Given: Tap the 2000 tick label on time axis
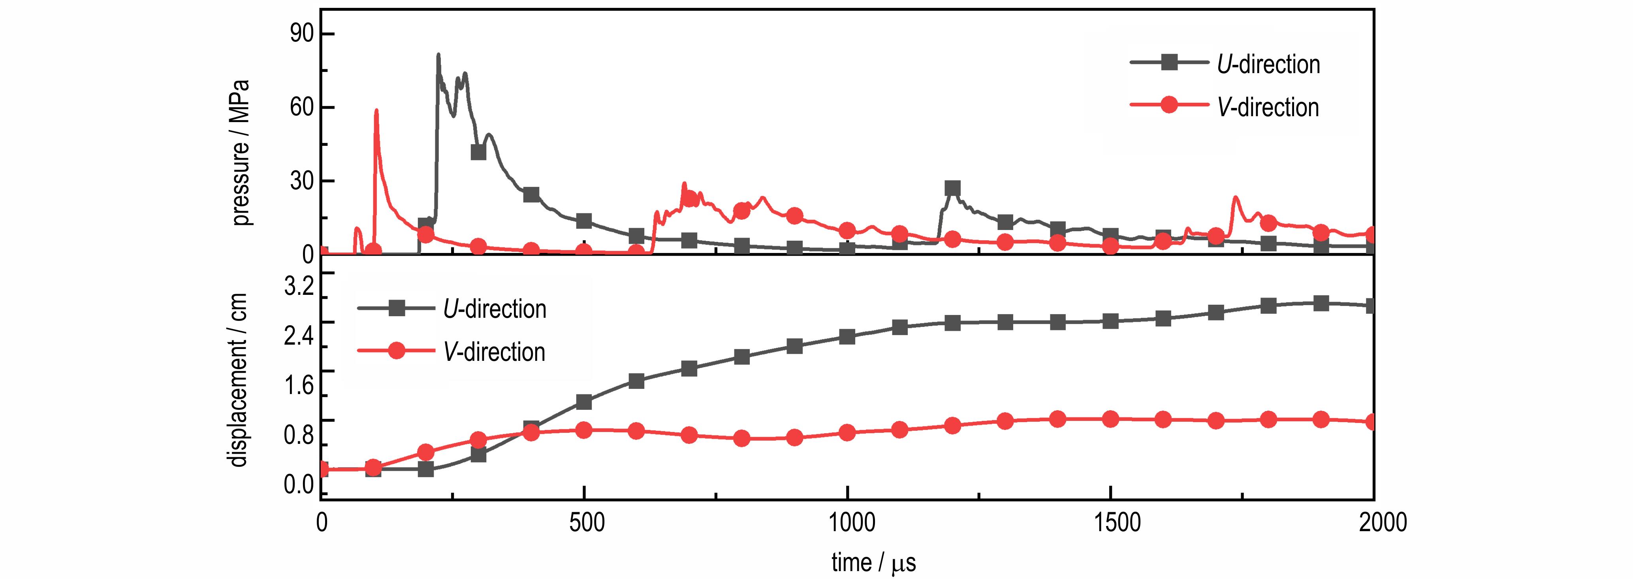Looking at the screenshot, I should [x=1373, y=522].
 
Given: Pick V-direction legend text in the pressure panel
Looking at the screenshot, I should [x=1268, y=107].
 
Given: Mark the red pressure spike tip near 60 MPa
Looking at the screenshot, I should [x=376, y=110].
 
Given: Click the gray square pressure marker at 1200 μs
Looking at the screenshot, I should [x=952, y=189].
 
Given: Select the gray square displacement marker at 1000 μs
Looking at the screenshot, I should [x=847, y=336].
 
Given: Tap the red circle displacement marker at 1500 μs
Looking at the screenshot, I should [x=1110, y=419].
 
